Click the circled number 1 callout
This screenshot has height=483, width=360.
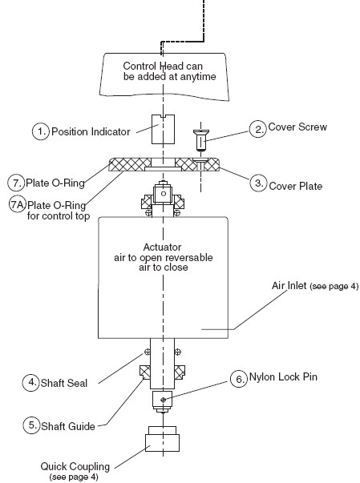[41, 131]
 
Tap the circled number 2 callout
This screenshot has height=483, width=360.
[257, 129]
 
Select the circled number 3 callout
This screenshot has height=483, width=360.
[258, 183]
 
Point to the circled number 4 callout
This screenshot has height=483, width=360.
[30, 382]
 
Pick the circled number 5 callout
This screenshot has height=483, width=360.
[31, 425]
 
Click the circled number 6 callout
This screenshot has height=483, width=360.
[239, 379]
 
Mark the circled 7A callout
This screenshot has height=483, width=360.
[18, 204]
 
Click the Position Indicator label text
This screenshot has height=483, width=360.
[91, 132]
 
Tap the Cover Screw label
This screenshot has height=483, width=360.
[297, 127]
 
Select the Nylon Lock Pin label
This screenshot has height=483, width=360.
[283, 377]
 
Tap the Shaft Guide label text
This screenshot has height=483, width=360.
[68, 426]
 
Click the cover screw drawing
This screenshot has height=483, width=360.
[200, 140]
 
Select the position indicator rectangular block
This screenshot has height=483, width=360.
[163, 129]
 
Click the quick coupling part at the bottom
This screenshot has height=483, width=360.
[162, 439]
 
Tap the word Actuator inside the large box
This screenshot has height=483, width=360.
[162, 247]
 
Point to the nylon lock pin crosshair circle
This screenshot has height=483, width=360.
[163, 400]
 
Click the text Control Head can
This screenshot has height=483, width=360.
[163, 66]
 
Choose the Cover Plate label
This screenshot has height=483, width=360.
[296, 186]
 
